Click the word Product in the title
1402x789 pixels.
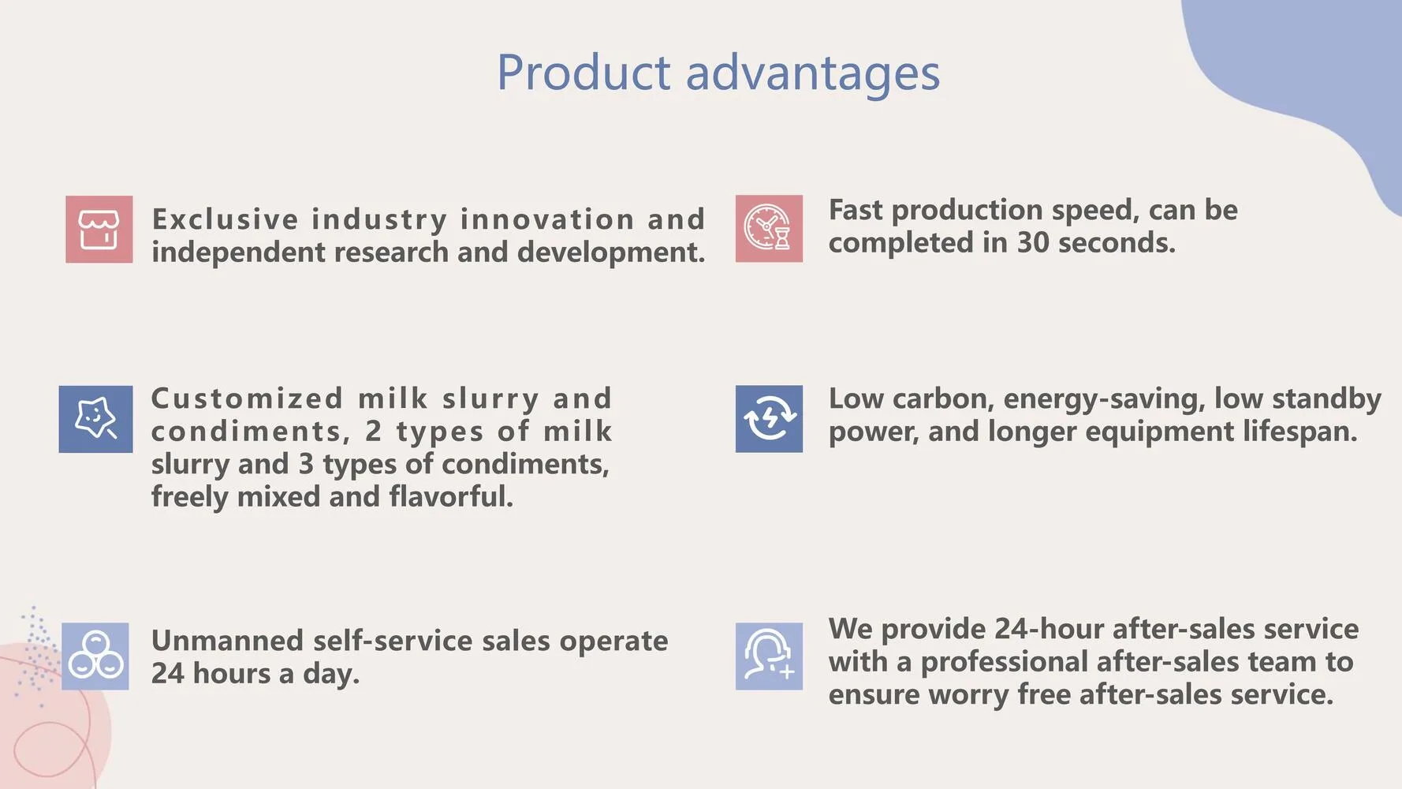click(584, 73)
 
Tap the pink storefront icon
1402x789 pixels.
click(99, 230)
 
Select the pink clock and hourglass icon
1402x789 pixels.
click(769, 229)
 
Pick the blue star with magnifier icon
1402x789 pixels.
click(95, 419)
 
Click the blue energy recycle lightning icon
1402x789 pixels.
click(769, 419)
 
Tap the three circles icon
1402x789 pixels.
click(95, 656)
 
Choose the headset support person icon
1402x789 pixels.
click(769, 656)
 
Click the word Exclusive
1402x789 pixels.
click(226, 219)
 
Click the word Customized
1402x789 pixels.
click(247, 398)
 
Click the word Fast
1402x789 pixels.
click(856, 210)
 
